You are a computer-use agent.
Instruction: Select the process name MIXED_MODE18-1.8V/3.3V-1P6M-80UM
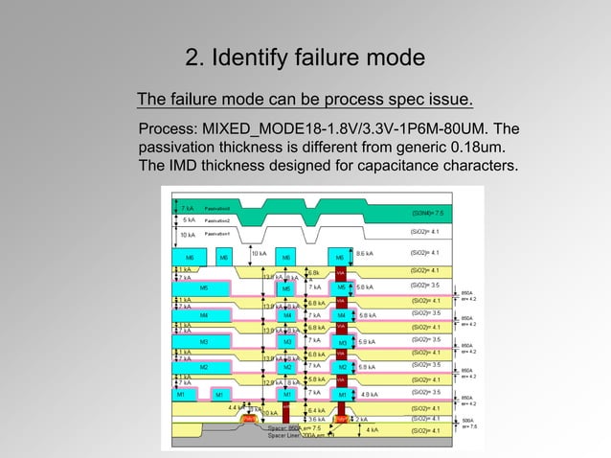point(343,128)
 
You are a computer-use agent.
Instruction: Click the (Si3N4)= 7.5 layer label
point(426,213)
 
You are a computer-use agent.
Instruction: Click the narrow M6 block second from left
point(223,257)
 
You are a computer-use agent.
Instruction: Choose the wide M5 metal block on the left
point(204,287)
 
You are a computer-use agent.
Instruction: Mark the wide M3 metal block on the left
point(204,341)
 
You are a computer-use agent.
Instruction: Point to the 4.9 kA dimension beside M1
point(368,394)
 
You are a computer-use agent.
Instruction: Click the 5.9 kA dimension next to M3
point(366,341)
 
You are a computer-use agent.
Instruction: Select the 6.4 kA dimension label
point(317,410)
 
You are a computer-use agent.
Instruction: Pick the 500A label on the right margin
point(467,420)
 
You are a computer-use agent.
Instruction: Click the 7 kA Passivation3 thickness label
point(189,208)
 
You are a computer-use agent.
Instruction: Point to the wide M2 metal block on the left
point(204,367)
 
